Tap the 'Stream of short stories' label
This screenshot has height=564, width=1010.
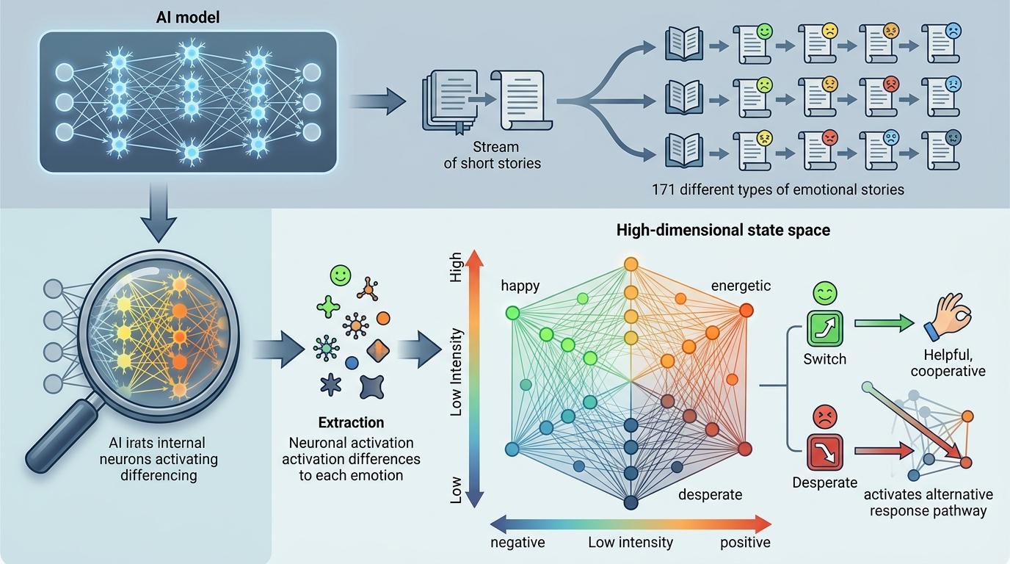(492, 155)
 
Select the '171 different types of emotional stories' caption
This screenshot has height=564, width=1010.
(777, 189)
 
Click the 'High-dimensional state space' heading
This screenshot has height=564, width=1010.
(723, 230)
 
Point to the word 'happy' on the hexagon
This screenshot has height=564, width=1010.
(520, 286)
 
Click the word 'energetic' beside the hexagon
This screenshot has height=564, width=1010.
(741, 286)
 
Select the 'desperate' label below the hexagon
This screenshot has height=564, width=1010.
(710, 494)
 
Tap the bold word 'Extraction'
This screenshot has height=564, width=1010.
(351, 423)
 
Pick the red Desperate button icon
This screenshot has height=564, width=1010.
(825, 452)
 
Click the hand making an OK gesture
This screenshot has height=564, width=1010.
(948, 319)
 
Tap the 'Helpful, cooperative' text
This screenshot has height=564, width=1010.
(948, 363)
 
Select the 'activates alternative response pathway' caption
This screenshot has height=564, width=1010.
(928, 502)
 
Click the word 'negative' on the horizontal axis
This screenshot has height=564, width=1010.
(517, 543)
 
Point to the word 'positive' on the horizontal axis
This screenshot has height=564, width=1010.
(745, 543)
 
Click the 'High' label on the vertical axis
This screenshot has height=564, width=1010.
(456, 267)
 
